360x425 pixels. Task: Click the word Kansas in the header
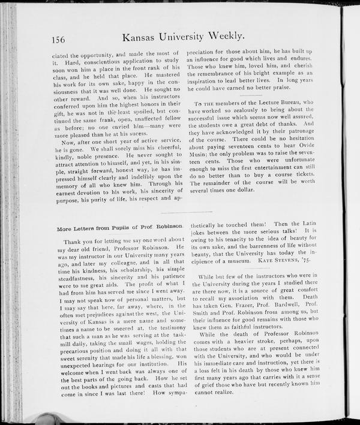(142, 37)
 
